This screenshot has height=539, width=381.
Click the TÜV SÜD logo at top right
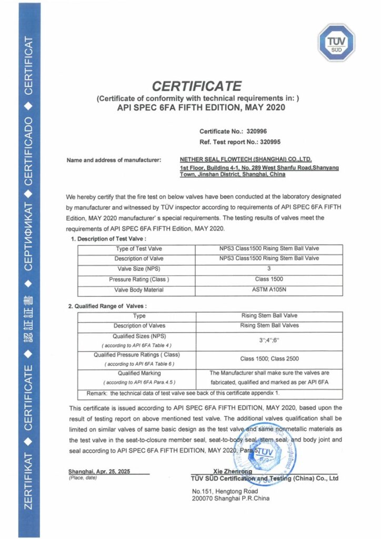[336, 43]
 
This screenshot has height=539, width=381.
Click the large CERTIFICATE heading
[197, 86]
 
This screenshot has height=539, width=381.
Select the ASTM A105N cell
[269, 290]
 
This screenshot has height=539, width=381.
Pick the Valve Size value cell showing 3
[269, 269]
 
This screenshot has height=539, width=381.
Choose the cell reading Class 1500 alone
[269, 280]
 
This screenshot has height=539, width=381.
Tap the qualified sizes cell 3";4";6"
[269, 341]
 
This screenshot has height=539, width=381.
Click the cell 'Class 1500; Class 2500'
[269, 358]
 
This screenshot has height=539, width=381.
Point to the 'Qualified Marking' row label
[139, 373]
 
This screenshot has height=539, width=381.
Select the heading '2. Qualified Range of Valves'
[107, 306]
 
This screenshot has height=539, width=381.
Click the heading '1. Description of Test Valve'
[105, 238]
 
